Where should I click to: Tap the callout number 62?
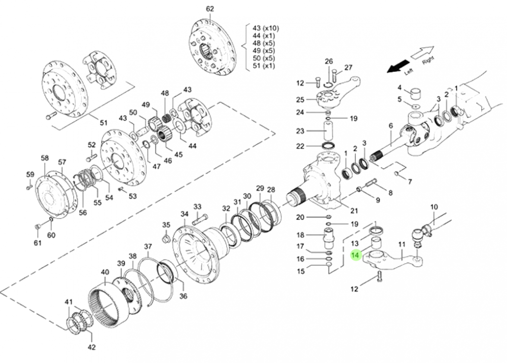pyautogui.click(x=210, y=9)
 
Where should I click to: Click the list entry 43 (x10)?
pyautogui.click(x=266, y=28)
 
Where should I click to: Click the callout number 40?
pyautogui.click(x=104, y=272)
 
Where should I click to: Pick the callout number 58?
pyautogui.click(x=45, y=158)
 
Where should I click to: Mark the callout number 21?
pyautogui.click(x=354, y=211)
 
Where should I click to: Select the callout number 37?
pyautogui.click(x=148, y=247)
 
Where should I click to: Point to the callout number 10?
pyautogui.click(x=434, y=207)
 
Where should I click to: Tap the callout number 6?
pyautogui.click(x=391, y=126)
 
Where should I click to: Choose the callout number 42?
pyautogui.click(x=91, y=347)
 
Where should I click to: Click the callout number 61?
pyautogui.click(x=37, y=243)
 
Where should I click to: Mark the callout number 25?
pyautogui.click(x=300, y=99)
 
